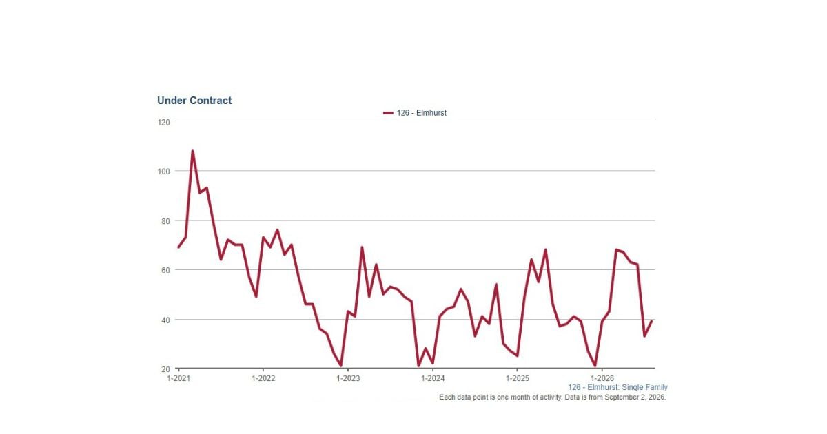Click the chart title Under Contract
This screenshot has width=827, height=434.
click(x=194, y=101)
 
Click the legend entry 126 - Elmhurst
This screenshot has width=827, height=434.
click(x=421, y=113)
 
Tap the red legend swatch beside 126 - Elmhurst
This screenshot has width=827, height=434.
click(x=388, y=113)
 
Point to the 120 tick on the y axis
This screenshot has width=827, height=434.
click(x=163, y=122)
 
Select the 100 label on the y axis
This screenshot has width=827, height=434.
click(x=163, y=172)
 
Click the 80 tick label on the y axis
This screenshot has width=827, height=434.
click(x=166, y=221)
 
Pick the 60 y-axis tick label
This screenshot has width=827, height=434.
click(x=166, y=271)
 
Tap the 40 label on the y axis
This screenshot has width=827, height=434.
click(x=166, y=320)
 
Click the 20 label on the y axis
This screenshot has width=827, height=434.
click(x=166, y=369)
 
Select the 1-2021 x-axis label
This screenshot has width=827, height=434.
click(x=178, y=378)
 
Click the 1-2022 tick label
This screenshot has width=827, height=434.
click(x=263, y=378)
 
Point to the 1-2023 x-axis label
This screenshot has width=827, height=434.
click(x=348, y=378)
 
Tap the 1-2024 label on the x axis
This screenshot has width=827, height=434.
click(x=433, y=378)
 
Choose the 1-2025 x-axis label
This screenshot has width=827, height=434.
click(x=518, y=378)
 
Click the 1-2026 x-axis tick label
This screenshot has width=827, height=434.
click(x=602, y=378)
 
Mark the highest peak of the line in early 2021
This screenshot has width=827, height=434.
click(x=192, y=151)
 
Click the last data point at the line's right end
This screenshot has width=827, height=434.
click(x=652, y=321)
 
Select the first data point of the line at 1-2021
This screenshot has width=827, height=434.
click(x=178, y=247)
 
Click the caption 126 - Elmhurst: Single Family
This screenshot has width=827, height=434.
click(x=617, y=387)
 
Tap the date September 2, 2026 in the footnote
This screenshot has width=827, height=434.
click(x=635, y=397)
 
